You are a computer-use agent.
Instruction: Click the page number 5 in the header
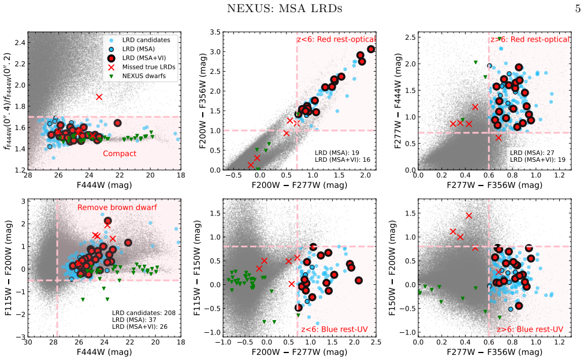(x=578, y=8)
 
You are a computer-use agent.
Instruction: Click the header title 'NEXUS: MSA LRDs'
(x=285, y=8)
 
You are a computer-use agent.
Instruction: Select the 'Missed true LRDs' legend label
(x=148, y=67)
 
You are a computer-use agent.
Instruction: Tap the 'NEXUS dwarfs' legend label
(x=144, y=76)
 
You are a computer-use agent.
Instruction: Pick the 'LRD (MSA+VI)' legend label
(x=144, y=58)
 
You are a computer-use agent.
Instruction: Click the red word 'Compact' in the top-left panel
(x=120, y=154)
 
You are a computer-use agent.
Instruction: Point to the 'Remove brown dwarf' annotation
(x=117, y=207)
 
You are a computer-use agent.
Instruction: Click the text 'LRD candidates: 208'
(x=144, y=313)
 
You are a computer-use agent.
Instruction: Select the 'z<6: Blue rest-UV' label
(x=334, y=329)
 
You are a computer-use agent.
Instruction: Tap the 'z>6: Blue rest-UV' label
(x=530, y=329)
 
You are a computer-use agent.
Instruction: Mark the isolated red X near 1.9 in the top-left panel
(x=99, y=97)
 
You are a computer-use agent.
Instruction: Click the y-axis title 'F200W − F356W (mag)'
(x=202, y=101)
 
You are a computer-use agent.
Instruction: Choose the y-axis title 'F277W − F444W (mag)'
(x=398, y=101)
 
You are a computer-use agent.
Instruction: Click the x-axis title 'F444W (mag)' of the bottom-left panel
(x=105, y=351)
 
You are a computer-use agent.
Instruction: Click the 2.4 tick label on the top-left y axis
(x=20, y=43)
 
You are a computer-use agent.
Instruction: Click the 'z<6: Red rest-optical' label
(x=336, y=39)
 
